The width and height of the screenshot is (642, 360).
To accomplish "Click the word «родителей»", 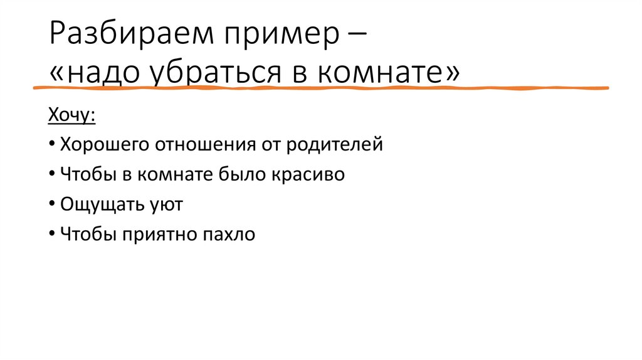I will [x=335, y=146].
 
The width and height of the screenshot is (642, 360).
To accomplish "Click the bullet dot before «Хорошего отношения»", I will [x=50, y=146].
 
